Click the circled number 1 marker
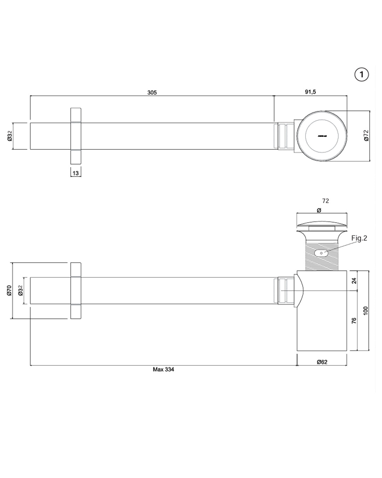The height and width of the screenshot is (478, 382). point(361,74)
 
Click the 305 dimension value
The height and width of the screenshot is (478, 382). point(152,92)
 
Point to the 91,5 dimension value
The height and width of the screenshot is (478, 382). point(310,92)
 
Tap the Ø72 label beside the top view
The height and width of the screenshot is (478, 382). point(366,136)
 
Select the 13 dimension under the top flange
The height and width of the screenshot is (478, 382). point(76,173)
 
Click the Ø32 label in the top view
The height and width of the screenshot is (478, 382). point(10,136)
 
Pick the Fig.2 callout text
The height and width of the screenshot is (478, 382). point(359,238)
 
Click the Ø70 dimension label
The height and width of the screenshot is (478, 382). point(10,291)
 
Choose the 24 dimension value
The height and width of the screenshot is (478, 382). point(354,281)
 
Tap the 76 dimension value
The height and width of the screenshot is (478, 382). point(354,320)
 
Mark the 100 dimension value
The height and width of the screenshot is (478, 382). point(366,311)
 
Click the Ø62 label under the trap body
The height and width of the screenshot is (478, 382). point(322,362)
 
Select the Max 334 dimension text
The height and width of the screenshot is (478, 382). point(163,369)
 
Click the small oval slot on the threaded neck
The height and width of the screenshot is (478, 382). point(321,253)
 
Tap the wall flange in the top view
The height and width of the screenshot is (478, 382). point(76,136)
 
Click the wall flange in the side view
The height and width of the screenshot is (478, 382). point(76,291)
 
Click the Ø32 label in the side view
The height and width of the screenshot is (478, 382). point(20,291)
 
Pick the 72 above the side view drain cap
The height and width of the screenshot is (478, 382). point(326,201)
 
